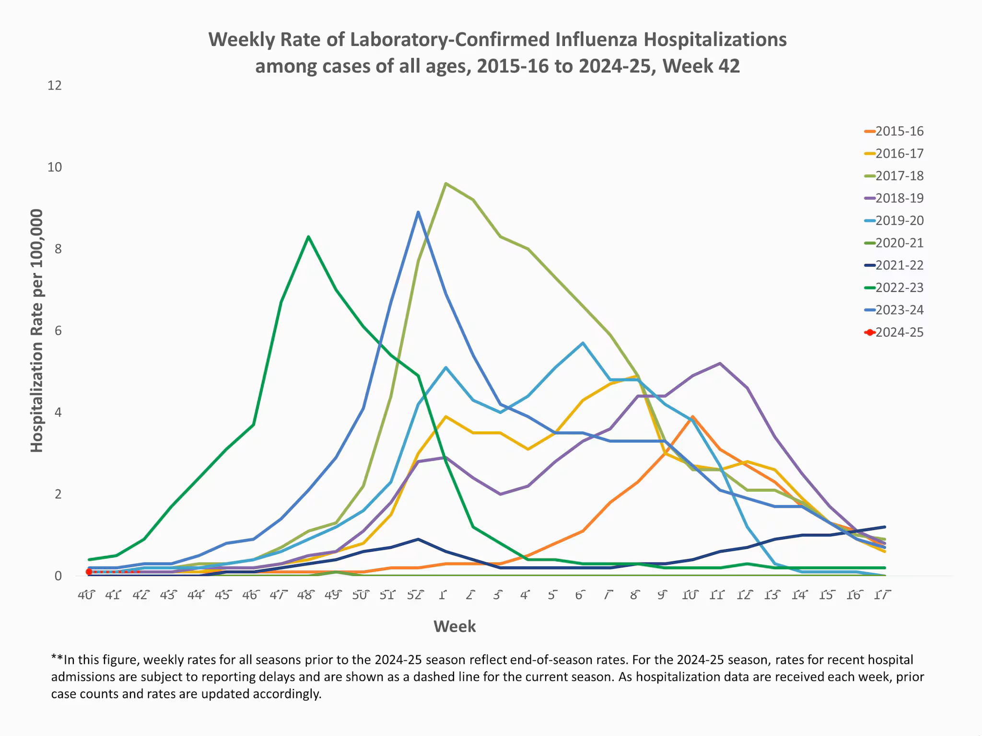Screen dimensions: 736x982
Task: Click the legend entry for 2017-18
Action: coord(899,176)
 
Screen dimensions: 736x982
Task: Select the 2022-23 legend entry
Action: coord(899,287)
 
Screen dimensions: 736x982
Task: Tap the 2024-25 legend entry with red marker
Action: coord(899,333)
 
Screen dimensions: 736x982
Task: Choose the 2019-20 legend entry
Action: coord(899,220)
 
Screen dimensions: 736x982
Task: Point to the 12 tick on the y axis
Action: coord(55,86)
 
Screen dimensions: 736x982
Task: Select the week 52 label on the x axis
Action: coord(415,595)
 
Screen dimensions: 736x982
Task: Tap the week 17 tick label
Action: coord(882,595)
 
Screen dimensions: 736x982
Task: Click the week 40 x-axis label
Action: coord(86,595)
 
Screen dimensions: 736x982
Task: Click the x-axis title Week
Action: coord(455,627)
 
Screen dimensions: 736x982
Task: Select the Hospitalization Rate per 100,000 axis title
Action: coord(37,331)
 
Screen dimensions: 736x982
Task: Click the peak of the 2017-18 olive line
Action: coord(446,184)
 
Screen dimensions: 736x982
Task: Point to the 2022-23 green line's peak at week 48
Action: coord(308,237)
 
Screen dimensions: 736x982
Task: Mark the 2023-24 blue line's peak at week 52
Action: coord(418,212)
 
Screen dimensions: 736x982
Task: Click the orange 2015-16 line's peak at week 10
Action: coord(692,417)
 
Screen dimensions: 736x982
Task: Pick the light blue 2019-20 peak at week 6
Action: coord(583,343)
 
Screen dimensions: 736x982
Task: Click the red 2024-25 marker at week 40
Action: coord(89,572)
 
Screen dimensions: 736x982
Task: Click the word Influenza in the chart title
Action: coord(596,40)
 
